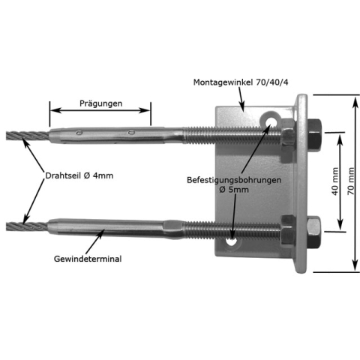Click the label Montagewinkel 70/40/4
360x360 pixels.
tap(241, 82)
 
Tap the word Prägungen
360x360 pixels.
tap(100, 103)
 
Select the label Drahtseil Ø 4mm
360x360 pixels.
tap(79, 175)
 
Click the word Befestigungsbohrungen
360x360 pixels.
tap(234, 180)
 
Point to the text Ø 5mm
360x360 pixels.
tap(234, 190)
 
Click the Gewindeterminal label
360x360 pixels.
tap(88, 259)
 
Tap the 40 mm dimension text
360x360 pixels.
tap(335, 181)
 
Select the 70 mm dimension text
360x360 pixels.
tap(351, 181)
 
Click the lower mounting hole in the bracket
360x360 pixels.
tap(232, 241)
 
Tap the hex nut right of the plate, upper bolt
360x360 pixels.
tap(314, 135)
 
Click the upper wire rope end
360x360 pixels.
tap(28, 135)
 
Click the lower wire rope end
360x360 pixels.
tap(27, 226)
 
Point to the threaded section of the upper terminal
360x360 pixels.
tap(232, 136)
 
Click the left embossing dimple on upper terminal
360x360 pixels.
tap(79, 133)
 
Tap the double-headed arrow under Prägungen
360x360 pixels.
tap(100, 110)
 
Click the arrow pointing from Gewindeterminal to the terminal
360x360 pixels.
tap(95, 241)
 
